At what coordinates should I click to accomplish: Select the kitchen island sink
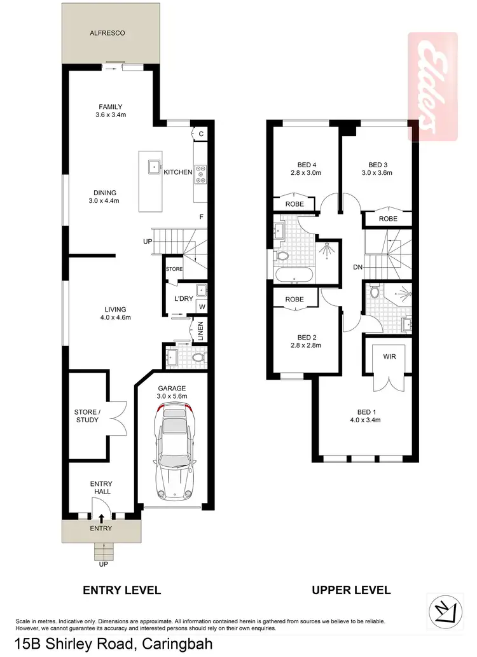154,167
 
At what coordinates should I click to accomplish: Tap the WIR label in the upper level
389,357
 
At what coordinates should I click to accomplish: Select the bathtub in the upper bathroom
293,275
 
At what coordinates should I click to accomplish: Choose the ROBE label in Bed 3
388,219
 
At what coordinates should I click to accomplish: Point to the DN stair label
358,267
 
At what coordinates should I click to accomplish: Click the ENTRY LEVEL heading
122,590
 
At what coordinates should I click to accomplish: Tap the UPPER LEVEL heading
351,590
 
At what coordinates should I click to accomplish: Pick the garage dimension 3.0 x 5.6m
172,396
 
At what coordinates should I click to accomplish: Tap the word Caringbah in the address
173,644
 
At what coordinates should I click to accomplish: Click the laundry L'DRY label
175,298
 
